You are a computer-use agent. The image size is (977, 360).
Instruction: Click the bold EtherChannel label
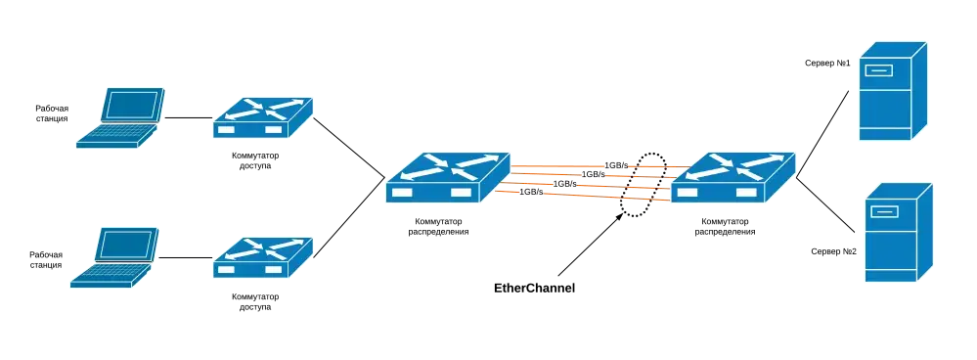pyautogui.click(x=535, y=289)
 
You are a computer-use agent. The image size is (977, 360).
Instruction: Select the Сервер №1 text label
pyautogui.click(x=827, y=63)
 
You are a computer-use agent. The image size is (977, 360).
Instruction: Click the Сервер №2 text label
pyautogui.click(x=833, y=251)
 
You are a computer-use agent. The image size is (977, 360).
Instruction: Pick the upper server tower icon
pyautogui.click(x=893, y=91)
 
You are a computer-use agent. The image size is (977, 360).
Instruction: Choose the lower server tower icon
pyautogui.click(x=899, y=232)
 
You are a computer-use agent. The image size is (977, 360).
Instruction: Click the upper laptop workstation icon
pyautogui.click(x=120, y=117)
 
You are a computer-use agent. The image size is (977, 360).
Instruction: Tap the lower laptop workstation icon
pyautogui.click(x=114, y=257)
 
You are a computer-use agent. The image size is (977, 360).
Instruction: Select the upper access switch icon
pyautogui.click(x=263, y=117)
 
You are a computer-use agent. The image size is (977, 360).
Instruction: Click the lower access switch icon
pyautogui.click(x=263, y=257)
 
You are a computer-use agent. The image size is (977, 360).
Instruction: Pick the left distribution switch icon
pyautogui.click(x=447, y=177)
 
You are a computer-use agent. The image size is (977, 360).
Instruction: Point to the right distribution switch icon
pyautogui.click(x=733, y=177)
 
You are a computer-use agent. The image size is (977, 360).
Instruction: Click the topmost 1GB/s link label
pyautogui.click(x=616, y=165)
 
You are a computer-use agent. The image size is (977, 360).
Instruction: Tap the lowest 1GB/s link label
pyautogui.click(x=531, y=192)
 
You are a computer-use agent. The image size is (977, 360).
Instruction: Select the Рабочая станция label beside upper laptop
pyautogui.click(x=52, y=112)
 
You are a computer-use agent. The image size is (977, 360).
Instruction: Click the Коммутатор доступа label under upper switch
pyautogui.click(x=255, y=160)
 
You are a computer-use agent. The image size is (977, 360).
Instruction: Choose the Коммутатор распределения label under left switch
pyautogui.click(x=439, y=226)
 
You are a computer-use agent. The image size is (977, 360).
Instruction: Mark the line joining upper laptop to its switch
pyautogui.click(x=189, y=117)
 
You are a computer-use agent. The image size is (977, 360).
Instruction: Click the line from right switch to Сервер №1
pyautogui.click(x=822, y=134)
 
